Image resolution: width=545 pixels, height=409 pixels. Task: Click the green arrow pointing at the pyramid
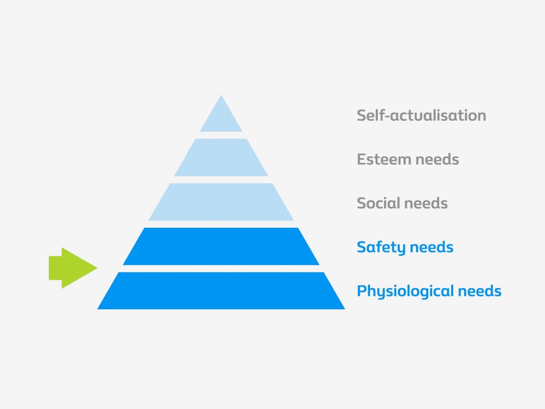(70, 268)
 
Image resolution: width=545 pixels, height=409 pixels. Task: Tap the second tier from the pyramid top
(221, 157)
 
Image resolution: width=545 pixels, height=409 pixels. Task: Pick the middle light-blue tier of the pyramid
(221, 202)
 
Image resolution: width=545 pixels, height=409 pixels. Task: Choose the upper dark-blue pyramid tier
(221, 246)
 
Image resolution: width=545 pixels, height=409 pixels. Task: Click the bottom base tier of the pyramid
(221, 290)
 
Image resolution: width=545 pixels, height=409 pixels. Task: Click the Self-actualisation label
(421, 115)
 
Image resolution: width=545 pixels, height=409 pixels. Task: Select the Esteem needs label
(408, 159)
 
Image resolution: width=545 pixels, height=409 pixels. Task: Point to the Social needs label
(402, 203)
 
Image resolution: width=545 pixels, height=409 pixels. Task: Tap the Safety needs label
(405, 247)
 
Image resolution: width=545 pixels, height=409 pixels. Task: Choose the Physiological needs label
(429, 291)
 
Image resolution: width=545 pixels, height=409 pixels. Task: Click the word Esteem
(384, 159)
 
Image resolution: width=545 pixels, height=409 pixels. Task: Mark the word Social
(377, 203)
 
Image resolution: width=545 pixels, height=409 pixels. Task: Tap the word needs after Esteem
(437, 159)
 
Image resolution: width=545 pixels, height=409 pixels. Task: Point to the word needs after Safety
(431, 247)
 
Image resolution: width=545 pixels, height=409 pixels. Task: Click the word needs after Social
(426, 203)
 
